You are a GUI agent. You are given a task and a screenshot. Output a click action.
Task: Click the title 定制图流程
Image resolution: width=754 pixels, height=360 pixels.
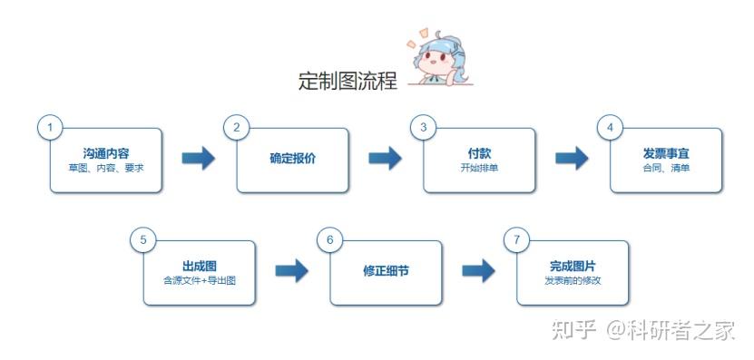348,81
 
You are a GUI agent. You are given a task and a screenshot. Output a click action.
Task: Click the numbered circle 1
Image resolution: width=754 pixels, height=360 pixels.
50,127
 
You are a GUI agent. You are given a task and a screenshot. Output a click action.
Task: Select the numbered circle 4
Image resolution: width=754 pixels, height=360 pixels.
611,127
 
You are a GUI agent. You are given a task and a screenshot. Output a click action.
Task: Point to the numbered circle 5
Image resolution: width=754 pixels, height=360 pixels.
143,239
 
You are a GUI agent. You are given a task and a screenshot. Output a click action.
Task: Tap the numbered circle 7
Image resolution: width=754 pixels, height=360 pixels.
517,239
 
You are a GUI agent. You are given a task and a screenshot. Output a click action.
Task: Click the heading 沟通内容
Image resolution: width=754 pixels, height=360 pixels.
106,153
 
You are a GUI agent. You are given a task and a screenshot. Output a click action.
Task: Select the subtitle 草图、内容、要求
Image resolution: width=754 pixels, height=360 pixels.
106,169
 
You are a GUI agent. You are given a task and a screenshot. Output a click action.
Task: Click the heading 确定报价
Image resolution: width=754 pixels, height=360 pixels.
293,159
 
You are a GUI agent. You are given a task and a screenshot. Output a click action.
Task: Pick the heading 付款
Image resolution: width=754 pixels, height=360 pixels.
480,153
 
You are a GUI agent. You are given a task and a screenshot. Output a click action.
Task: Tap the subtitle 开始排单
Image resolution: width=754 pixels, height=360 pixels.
480,169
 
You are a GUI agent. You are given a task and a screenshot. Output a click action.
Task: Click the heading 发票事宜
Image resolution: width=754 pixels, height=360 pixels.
666,153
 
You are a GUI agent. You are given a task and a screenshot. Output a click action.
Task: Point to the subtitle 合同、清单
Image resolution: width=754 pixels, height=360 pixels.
666,169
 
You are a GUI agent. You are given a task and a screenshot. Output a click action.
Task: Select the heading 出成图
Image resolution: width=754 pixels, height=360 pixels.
200,266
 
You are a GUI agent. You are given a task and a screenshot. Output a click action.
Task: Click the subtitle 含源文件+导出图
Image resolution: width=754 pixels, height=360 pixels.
200,281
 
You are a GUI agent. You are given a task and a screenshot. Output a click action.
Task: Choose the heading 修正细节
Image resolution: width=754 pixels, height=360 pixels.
386,271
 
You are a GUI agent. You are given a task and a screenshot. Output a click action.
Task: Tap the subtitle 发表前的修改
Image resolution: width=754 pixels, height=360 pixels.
573,281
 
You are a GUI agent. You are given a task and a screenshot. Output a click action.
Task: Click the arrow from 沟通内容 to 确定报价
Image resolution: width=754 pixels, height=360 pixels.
199,159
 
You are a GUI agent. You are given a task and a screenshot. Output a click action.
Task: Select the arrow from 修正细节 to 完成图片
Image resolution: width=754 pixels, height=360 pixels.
478,271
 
